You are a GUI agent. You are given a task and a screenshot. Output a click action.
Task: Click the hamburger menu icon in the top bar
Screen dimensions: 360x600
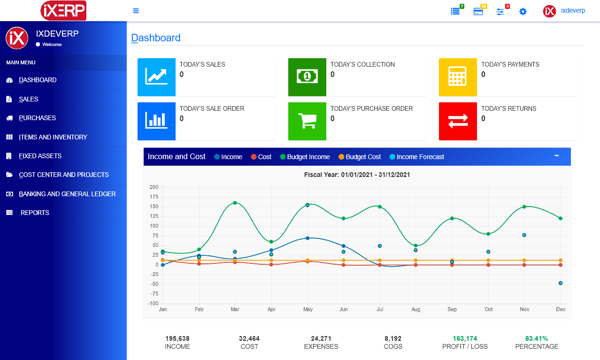coord(136,11)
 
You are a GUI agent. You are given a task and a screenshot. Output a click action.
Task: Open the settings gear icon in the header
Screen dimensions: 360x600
coord(523,11)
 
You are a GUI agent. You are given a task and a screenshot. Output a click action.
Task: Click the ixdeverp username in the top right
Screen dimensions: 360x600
coord(573,10)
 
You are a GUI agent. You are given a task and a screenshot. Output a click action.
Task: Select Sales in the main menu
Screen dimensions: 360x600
coord(29,99)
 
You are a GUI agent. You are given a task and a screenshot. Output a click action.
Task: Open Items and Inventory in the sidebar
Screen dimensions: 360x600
coord(53,137)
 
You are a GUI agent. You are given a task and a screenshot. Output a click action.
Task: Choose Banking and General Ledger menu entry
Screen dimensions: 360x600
coord(67,194)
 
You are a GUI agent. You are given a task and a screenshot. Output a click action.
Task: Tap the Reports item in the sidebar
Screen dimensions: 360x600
coord(35,213)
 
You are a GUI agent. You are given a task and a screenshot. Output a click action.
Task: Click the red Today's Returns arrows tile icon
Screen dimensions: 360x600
coord(458,121)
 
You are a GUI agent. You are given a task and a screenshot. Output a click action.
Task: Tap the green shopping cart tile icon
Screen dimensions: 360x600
coord(307,121)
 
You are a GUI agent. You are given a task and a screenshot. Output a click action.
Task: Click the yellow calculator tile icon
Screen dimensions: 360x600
coord(458,77)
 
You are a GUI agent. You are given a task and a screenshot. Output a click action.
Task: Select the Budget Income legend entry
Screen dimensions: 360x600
coord(308,157)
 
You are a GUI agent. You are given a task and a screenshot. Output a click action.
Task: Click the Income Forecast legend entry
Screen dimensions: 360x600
coord(420,157)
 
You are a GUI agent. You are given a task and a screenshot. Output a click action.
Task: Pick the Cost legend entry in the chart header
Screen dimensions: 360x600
coord(264,157)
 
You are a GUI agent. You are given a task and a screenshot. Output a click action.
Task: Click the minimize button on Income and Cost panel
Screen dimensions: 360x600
coord(556,156)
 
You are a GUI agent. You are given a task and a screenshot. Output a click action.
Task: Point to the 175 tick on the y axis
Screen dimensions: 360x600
coord(154,197)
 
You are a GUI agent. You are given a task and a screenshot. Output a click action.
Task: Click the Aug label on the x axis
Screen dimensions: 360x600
coord(415,310)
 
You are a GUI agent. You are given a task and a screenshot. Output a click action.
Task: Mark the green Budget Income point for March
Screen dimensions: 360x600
coord(235,203)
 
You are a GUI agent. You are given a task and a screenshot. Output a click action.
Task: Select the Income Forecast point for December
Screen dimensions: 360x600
coord(561,283)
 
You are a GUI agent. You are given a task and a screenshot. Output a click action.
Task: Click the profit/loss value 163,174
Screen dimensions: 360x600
coord(465,338)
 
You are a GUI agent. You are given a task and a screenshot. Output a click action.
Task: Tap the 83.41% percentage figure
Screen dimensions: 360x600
coord(537,338)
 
